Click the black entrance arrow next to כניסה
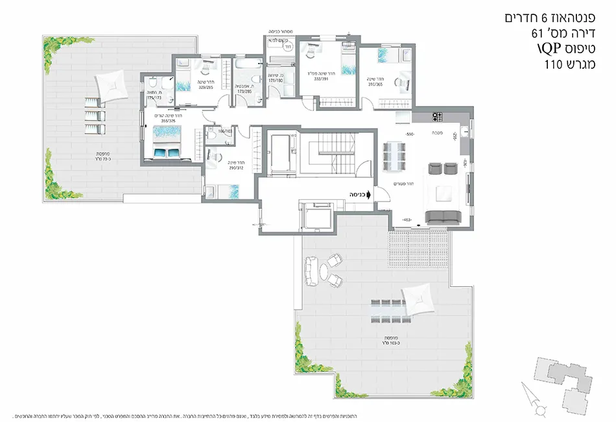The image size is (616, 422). click(369, 193)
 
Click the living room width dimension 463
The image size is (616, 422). click(408, 219)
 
